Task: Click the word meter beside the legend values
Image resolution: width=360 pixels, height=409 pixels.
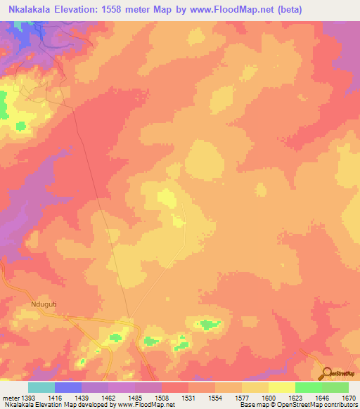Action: click(x=9, y=397)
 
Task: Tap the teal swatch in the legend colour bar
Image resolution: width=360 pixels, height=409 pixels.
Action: click(x=41, y=387)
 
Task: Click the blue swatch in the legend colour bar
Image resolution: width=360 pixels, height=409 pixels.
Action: click(x=68, y=387)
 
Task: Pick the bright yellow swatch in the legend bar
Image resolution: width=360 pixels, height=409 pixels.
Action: click(x=282, y=387)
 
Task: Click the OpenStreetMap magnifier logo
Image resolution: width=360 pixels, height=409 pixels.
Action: click(x=326, y=372)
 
